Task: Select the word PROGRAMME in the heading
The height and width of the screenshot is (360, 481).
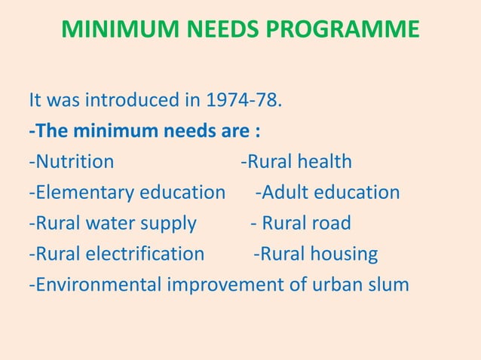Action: [x=342, y=29]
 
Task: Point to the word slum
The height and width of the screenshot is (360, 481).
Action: [x=387, y=285]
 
